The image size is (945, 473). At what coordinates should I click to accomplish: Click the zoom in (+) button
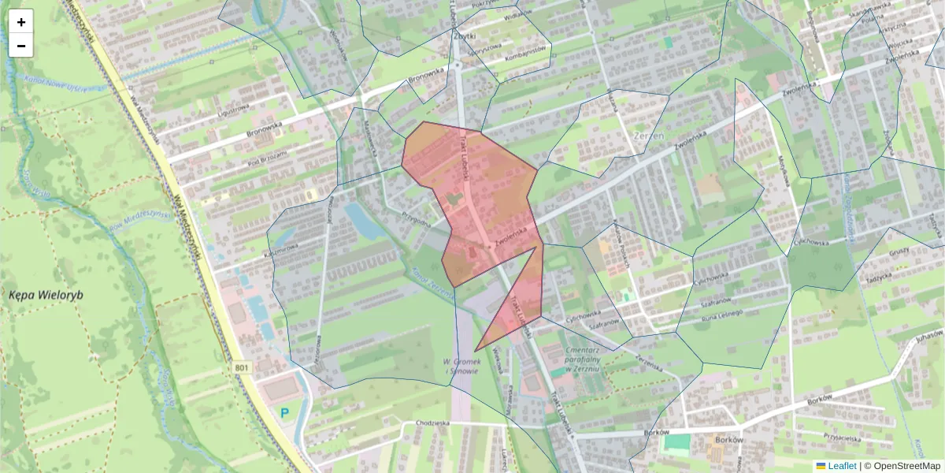click(x=21, y=22)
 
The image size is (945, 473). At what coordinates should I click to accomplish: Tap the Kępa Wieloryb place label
click(x=46, y=295)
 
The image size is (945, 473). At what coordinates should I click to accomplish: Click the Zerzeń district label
click(x=649, y=136)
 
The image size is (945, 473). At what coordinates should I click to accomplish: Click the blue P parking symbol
click(x=284, y=412)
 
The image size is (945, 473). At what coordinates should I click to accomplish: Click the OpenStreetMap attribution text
click(x=902, y=466)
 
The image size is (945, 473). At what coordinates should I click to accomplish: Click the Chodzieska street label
click(x=429, y=423)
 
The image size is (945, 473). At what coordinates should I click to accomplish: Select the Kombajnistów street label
click(x=525, y=50)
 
